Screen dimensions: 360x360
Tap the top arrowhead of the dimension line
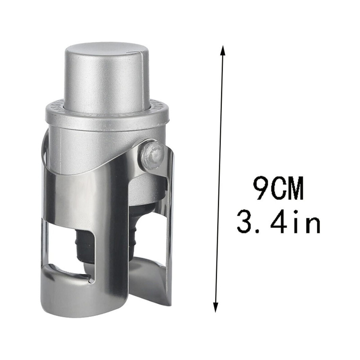tap(222, 50)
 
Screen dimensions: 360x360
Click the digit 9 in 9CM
tap(261, 188)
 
